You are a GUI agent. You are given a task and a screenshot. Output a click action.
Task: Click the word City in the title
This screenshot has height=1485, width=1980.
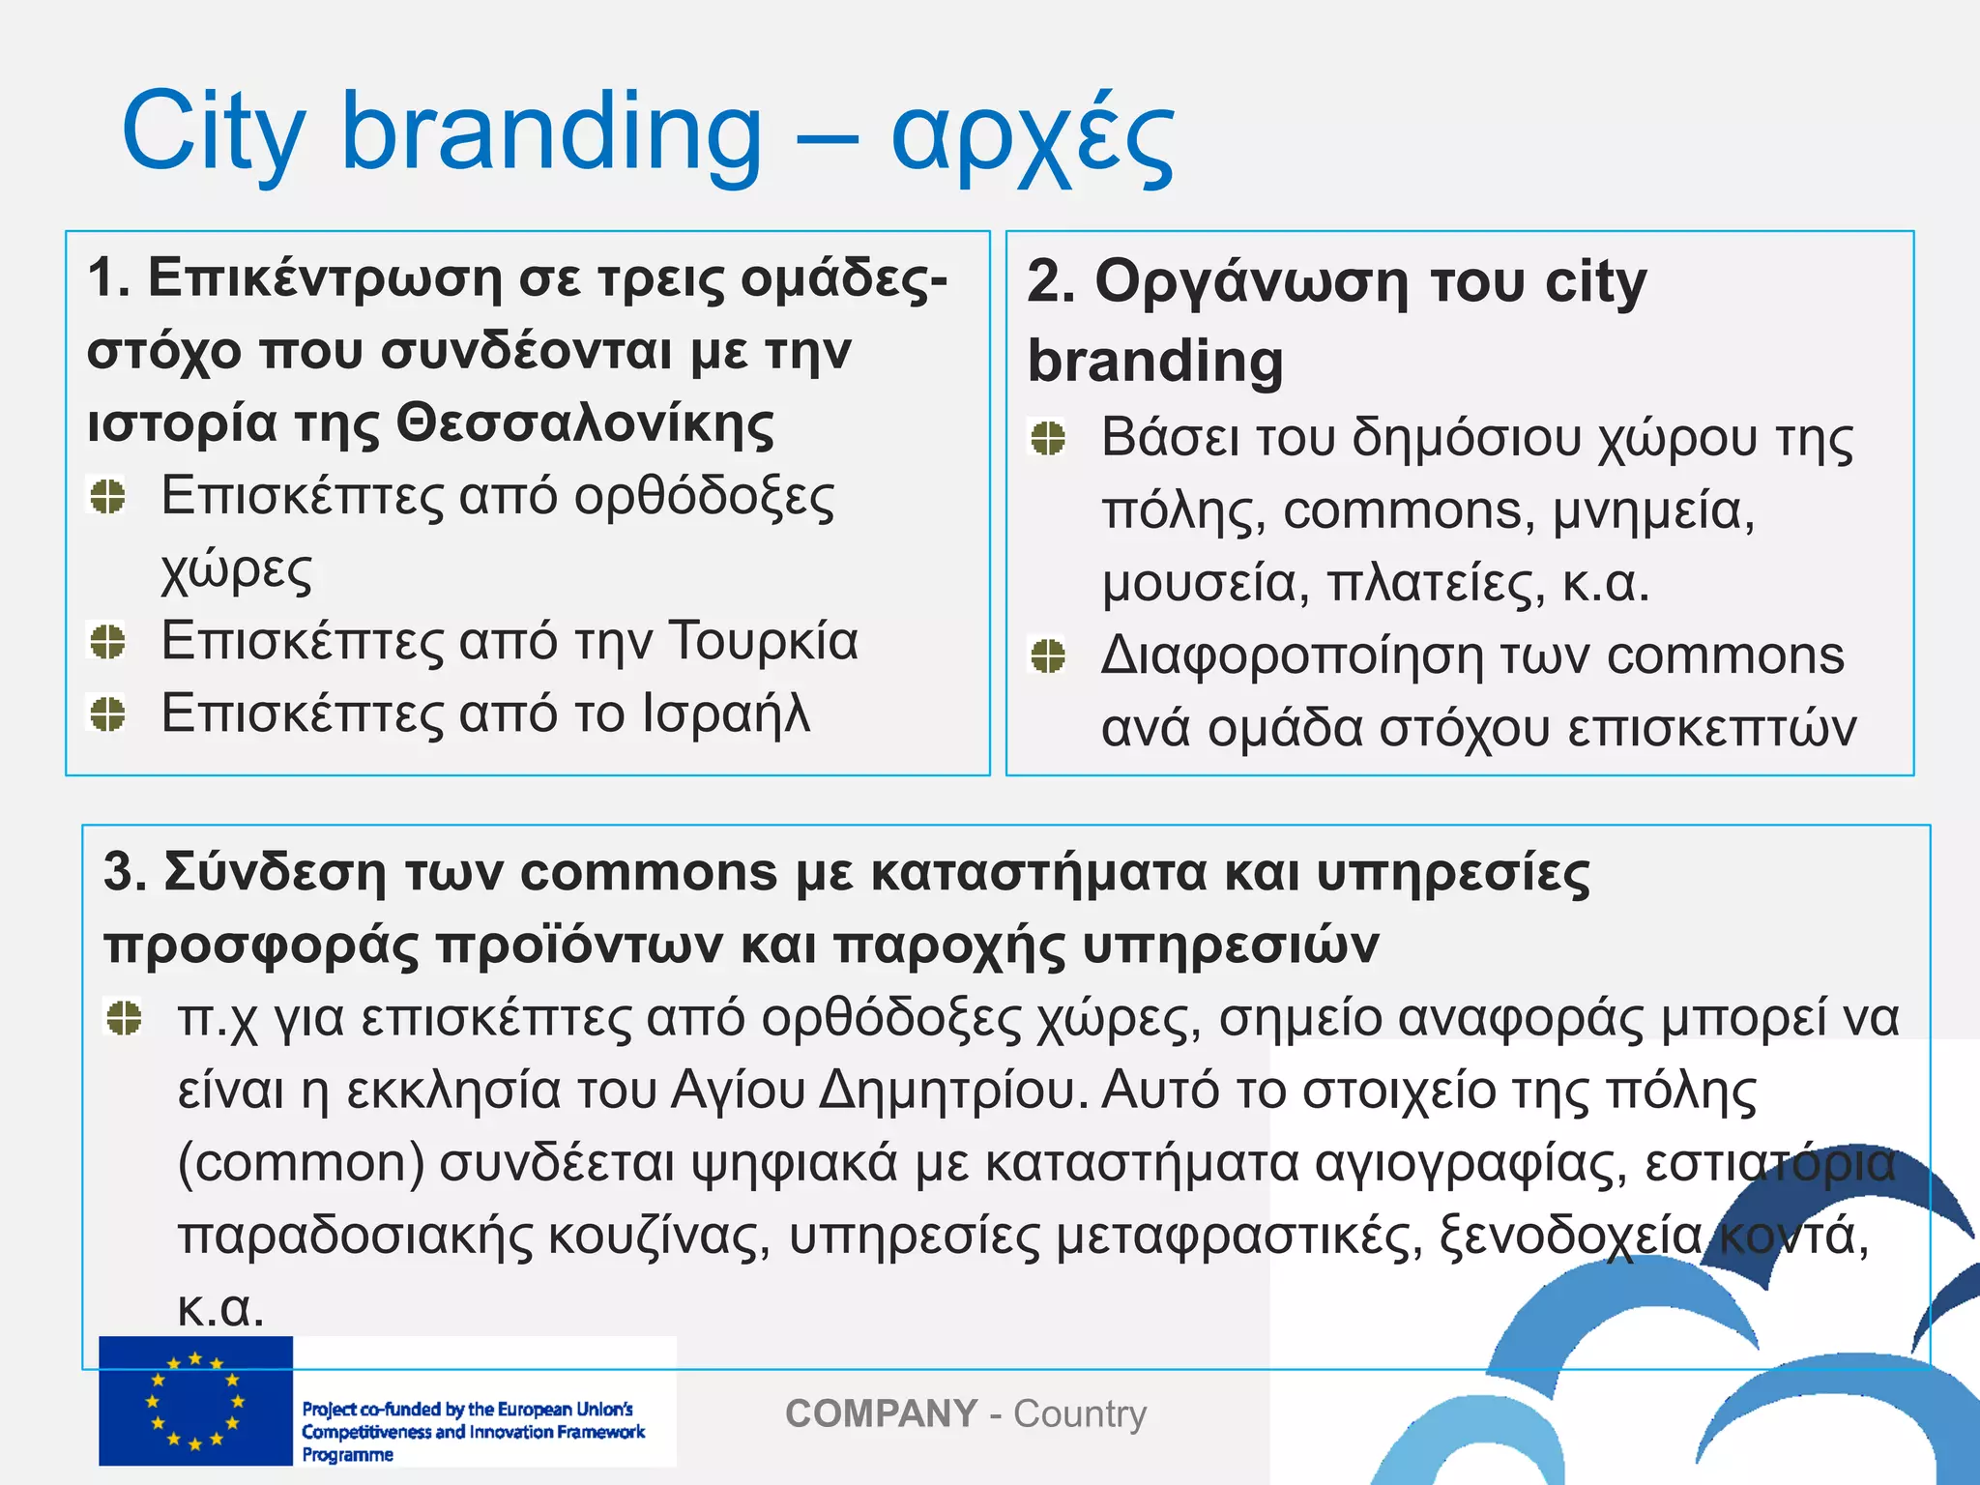[213, 132]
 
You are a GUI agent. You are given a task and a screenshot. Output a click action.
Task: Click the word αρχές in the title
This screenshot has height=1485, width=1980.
[1032, 136]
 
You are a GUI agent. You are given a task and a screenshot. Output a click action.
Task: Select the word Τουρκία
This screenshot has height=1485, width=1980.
[764, 641]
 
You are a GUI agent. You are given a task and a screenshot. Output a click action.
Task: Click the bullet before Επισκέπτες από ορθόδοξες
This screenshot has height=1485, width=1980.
[107, 497]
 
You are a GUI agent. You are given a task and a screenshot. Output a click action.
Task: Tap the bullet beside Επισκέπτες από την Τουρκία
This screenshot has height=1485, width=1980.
[107, 641]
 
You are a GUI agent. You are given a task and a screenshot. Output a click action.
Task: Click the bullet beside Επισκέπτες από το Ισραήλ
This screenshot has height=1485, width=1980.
[107, 713]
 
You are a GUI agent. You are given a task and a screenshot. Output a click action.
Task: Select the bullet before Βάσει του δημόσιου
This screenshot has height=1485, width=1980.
[1048, 438]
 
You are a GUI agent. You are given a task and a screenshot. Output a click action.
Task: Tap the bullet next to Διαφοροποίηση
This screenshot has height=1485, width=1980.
[1048, 655]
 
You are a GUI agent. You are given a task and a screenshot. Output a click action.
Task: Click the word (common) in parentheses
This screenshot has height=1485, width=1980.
[301, 1163]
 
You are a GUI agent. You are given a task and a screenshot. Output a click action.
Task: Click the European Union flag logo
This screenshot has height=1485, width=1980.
[195, 1402]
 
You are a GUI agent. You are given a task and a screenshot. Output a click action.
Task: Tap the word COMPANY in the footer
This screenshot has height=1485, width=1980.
[881, 1413]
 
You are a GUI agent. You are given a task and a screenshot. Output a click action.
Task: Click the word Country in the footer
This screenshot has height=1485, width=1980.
[1079, 1413]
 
